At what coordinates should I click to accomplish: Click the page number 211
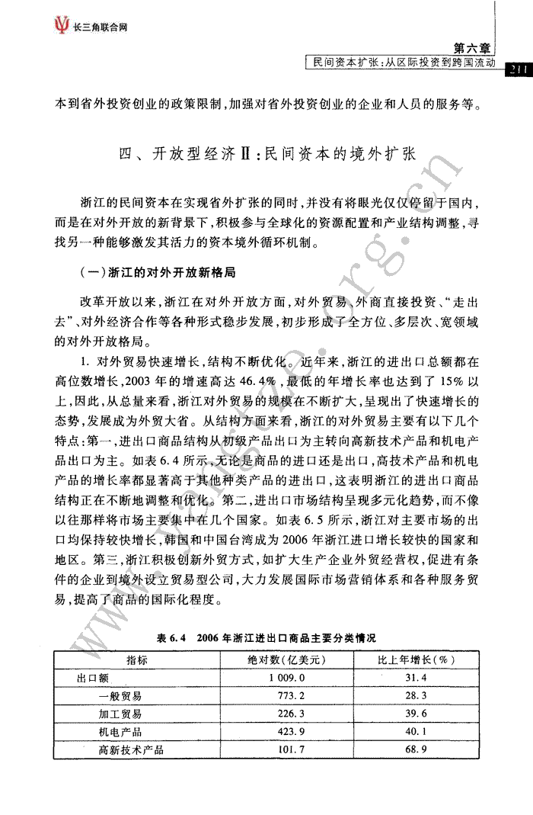point(517,69)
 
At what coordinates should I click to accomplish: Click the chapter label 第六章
point(473,49)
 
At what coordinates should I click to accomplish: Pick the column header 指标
point(137,659)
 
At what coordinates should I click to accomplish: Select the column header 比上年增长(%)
point(417,659)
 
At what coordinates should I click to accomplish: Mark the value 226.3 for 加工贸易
point(286,714)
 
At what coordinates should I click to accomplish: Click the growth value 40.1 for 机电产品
point(417,733)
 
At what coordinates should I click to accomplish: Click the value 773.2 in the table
point(286,696)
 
